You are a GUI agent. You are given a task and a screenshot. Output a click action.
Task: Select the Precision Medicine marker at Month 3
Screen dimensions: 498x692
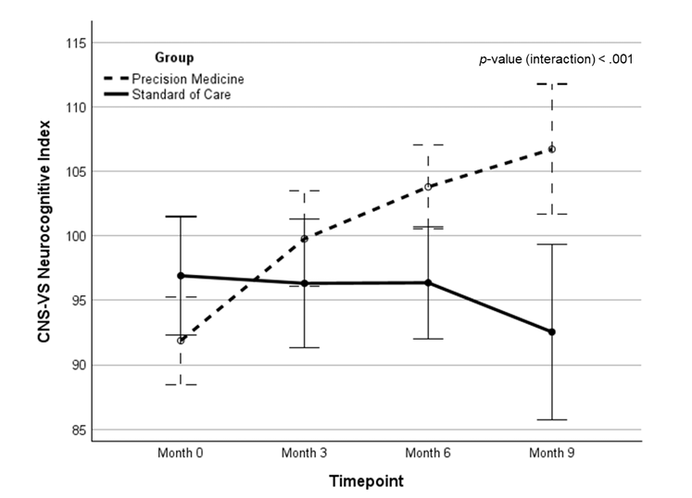click(305, 239)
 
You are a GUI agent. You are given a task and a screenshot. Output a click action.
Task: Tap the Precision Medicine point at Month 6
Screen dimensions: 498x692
click(428, 186)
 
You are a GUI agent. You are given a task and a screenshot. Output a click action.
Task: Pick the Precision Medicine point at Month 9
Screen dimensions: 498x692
click(552, 149)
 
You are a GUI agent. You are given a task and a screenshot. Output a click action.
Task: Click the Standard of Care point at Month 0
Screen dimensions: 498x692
click(181, 276)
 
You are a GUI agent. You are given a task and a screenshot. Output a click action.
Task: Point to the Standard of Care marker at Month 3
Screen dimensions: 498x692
click(305, 283)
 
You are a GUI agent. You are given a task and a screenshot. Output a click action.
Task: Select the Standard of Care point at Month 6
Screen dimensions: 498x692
click(428, 282)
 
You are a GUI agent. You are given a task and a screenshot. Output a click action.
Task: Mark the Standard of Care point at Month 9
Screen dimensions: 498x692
click(552, 331)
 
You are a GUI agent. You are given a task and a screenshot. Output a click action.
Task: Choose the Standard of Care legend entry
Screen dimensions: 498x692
click(182, 93)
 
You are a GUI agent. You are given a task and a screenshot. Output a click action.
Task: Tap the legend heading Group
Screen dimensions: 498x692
click(174, 57)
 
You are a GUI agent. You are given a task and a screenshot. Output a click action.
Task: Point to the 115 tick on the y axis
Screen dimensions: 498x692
click(75, 44)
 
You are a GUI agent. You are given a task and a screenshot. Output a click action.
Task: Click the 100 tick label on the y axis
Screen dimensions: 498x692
click(75, 236)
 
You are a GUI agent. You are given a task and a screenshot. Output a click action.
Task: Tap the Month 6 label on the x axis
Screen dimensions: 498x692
click(428, 454)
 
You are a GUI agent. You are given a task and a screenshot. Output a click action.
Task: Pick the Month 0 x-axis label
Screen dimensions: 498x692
click(181, 454)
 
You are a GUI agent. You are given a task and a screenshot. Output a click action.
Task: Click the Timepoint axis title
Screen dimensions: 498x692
click(366, 481)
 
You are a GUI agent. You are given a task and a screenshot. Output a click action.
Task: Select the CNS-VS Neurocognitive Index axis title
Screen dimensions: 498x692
click(44, 236)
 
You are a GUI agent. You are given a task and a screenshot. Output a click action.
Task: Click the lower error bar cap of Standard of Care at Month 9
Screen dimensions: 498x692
click(552, 419)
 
